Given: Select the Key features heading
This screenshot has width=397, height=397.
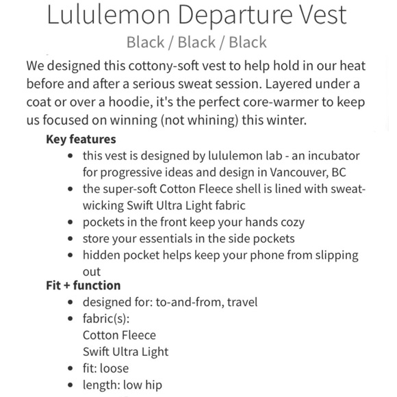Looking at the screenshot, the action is coord(80,139).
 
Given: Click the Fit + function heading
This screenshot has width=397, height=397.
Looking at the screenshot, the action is coord(83,285).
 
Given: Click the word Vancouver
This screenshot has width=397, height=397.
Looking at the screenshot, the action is coord(304,172).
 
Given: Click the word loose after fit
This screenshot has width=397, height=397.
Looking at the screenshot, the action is coord(114,369).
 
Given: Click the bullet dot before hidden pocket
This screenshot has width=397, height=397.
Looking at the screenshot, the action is coord(73,256).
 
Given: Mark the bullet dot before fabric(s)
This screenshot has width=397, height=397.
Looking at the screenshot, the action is coord(73,319).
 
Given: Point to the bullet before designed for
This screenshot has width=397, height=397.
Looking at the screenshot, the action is coord(73,302).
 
